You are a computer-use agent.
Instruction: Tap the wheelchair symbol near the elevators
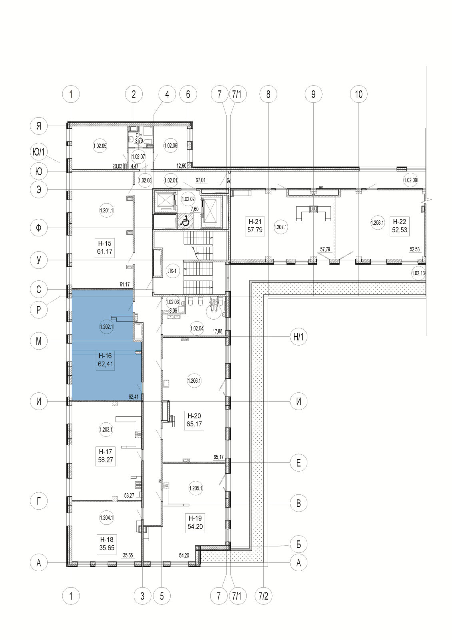click(x=185, y=220)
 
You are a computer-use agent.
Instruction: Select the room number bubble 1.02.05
click(x=100, y=146)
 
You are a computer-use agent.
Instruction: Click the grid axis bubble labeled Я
click(x=39, y=126)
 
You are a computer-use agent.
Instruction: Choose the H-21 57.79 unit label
click(x=255, y=226)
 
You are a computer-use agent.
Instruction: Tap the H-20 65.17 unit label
click(x=194, y=420)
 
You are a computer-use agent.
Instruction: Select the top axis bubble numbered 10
click(x=358, y=94)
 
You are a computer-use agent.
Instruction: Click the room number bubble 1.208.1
click(x=378, y=222)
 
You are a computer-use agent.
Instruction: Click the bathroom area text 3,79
click(x=139, y=141)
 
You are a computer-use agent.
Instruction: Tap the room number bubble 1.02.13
click(x=418, y=273)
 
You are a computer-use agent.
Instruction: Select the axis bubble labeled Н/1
click(x=299, y=337)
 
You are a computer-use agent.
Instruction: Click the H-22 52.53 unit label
click(x=400, y=226)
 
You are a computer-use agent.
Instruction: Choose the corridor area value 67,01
click(x=201, y=180)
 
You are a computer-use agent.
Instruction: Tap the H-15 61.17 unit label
click(x=105, y=248)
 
